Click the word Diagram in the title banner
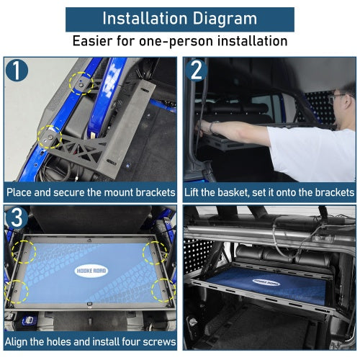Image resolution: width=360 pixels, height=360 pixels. (x=225, y=19)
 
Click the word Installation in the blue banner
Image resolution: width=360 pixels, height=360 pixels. (x=145, y=18)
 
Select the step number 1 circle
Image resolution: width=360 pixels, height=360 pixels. (x=17, y=71)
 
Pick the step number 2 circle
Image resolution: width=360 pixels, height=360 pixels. (x=197, y=71)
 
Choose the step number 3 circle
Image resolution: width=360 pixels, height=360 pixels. (x=17, y=218)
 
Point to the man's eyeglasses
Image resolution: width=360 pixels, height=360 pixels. (x=336, y=96)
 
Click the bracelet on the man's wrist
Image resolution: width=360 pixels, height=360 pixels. (x=212, y=127)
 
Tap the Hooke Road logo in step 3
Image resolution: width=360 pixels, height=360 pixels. (x=91, y=271)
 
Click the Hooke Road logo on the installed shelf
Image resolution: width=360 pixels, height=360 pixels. (x=266, y=282)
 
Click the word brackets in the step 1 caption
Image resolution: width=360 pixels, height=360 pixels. (x=156, y=192)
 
